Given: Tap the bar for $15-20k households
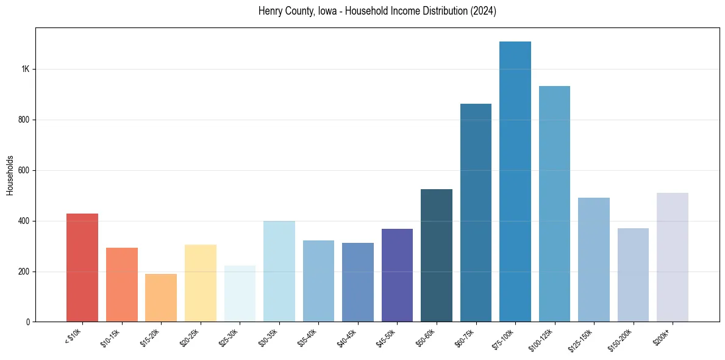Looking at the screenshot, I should click(161, 298).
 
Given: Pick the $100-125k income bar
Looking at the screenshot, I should click(554, 204).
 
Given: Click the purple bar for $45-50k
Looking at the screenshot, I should click(397, 275).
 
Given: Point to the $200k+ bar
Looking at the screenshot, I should click(673, 257).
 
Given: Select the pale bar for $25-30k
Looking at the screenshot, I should click(240, 293).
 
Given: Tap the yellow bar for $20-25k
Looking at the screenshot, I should click(201, 283).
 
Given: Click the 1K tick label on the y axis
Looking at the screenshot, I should click(25, 69).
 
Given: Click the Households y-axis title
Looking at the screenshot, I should click(10, 175).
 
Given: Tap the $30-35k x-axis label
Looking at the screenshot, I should click(268, 337).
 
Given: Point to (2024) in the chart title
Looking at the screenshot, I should click(483, 11).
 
